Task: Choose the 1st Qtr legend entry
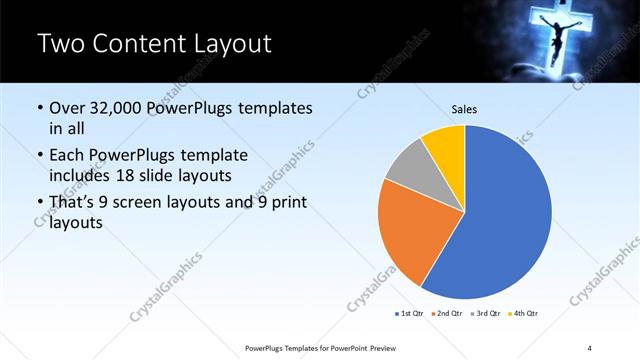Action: pyautogui.click(x=411, y=314)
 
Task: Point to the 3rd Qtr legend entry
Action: pyautogui.click(x=487, y=314)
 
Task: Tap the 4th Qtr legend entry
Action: pyautogui.click(x=524, y=314)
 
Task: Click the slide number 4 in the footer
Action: pyautogui.click(x=590, y=347)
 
